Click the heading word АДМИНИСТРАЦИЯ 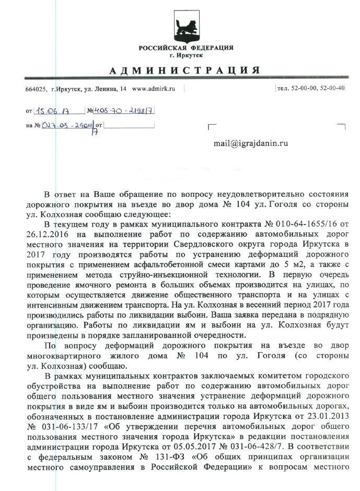[179, 71]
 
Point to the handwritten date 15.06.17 [51, 110]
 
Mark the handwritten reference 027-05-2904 [68, 125]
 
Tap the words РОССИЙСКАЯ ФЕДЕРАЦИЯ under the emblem [179, 48]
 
